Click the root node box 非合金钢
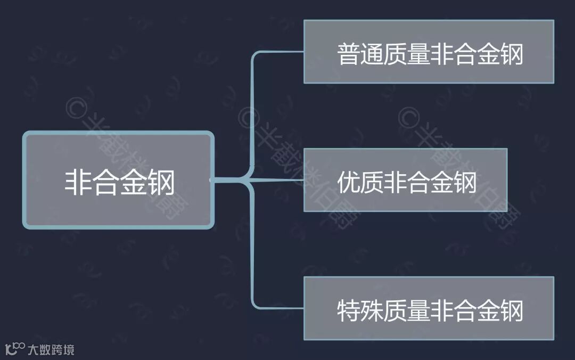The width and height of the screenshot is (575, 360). [x=118, y=181]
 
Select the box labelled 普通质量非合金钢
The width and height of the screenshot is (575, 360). [x=429, y=52]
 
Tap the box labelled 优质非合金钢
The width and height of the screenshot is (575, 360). [x=405, y=180]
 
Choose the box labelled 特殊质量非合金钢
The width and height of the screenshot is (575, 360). [x=429, y=308]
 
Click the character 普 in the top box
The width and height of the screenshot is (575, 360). [x=349, y=54]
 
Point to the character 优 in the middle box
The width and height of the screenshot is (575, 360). [x=349, y=183]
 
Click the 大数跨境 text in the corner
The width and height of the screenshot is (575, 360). [x=51, y=350]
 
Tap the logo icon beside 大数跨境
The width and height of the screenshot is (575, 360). [x=14, y=349]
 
